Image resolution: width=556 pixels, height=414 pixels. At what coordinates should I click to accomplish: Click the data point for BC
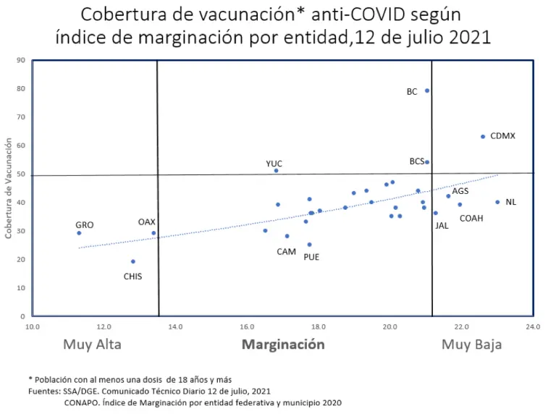pos(427,90)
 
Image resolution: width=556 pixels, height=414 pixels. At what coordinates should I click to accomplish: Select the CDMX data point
pos(483,137)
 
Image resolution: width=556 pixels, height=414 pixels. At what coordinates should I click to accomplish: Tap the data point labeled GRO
pos(79,233)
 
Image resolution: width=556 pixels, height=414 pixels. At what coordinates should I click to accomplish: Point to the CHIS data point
pos(133,262)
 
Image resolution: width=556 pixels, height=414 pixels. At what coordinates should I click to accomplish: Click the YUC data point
pos(276,171)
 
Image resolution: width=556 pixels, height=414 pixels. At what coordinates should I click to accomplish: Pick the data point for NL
pos(497,202)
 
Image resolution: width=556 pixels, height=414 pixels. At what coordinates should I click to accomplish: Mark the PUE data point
pos(309,245)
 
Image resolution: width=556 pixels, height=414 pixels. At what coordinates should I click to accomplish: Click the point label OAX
pos(147,222)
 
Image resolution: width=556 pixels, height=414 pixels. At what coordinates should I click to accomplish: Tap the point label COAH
pos(471,218)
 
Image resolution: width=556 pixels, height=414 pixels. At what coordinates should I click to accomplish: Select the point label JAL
pos(442,225)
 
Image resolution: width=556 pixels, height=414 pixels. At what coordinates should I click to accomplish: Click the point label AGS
pos(460,191)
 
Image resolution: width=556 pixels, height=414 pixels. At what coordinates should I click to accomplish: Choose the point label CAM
pos(286,252)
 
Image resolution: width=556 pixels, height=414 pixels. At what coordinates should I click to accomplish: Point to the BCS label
pos(416,161)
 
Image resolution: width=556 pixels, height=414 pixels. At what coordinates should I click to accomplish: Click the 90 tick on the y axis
pos(22,60)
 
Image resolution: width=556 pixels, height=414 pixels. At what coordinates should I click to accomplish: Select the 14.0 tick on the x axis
pos(174,326)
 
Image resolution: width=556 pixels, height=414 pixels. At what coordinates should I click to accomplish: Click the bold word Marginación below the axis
pos(283,345)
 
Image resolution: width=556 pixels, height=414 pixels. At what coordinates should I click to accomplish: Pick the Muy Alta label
pos(92,345)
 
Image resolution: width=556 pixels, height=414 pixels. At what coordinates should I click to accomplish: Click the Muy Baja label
pos(471,345)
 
